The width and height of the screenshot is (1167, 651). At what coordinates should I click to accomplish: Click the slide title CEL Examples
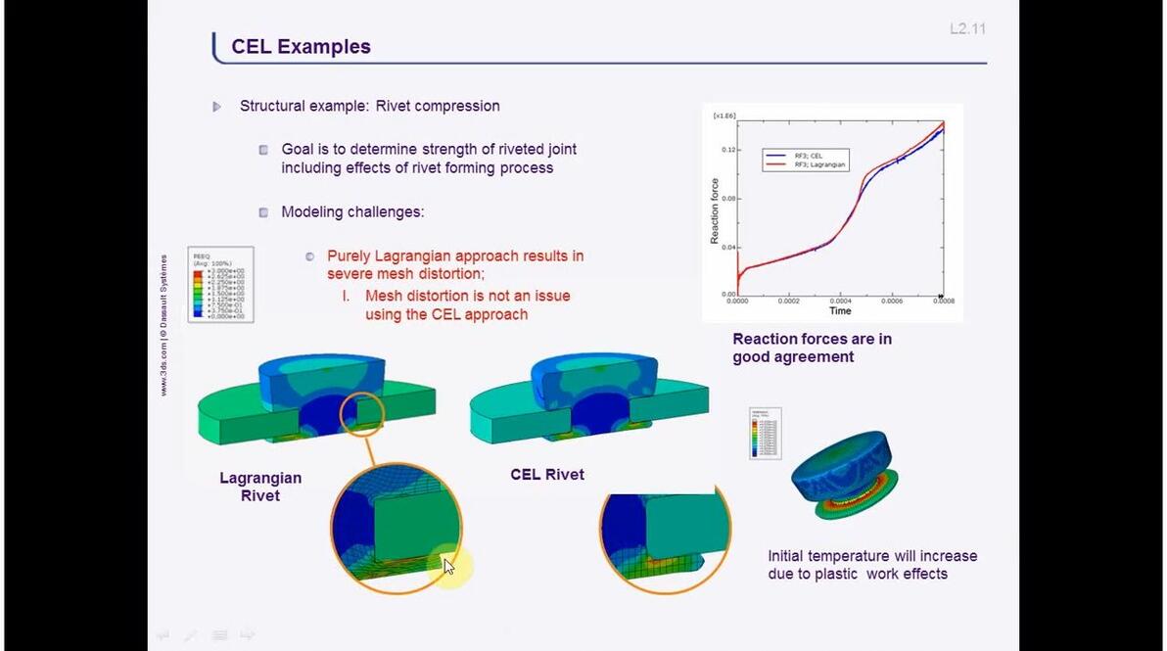(x=301, y=47)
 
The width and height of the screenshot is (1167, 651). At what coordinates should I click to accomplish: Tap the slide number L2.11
(x=967, y=29)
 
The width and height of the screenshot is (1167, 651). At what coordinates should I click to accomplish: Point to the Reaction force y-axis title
(x=715, y=211)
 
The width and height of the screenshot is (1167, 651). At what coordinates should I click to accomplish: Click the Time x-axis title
(x=840, y=311)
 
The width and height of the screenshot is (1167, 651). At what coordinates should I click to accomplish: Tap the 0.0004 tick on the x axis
(x=840, y=302)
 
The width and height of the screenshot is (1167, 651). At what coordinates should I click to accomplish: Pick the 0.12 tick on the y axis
(x=727, y=150)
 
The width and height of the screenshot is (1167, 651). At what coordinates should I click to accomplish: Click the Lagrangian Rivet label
(x=260, y=487)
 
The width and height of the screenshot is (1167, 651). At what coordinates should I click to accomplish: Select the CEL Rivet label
(x=547, y=475)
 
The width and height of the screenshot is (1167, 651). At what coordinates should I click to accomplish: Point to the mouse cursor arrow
(x=448, y=566)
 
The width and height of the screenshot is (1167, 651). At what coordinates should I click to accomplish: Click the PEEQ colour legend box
(x=220, y=285)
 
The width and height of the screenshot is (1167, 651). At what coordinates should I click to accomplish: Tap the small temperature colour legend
(x=765, y=434)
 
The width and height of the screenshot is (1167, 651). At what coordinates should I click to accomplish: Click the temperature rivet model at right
(x=845, y=473)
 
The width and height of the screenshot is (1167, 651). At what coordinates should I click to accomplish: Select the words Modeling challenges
(x=352, y=211)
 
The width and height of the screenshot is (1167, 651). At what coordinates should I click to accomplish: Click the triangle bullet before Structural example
(x=217, y=107)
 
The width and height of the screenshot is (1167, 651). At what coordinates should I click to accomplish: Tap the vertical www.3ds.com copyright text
(x=163, y=326)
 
